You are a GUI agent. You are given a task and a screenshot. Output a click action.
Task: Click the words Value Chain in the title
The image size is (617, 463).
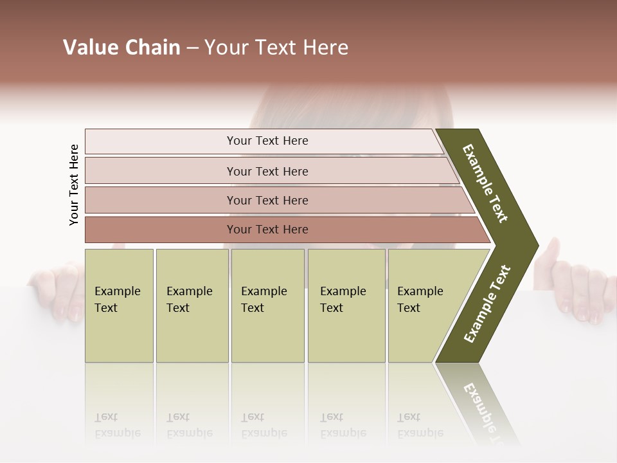pyautogui.click(x=121, y=48)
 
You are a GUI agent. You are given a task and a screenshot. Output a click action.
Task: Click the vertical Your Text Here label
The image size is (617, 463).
pyautogui.click(x=74, y=185)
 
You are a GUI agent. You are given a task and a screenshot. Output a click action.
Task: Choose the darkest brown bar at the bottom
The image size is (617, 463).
pyautogui.click(x=161, y=230)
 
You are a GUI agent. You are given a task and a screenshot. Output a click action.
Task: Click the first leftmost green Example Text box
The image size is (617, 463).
pyautogui.click(x=119, y=305)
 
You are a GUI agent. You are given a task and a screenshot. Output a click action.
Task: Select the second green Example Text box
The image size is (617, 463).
pyautogui.click(x=192, y=305)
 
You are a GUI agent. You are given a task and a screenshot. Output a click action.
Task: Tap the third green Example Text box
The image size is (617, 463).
pyautogui.click(x=267, y=305)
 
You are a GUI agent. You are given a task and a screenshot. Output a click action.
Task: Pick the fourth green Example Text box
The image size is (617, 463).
pyautogui.click(x=346, y=305)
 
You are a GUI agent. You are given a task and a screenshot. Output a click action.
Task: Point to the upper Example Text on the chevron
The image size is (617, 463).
pyautogui.click(x=485, y=183)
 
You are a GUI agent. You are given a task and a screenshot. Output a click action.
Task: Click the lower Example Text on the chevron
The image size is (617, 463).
pyautogui.click(x=487, y=304)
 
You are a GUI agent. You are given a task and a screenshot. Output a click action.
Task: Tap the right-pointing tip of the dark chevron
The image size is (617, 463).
pyautogui.click(x=535, y=245)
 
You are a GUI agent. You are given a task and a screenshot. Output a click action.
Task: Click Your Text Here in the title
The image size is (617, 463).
pyautogui.click(x=276, y=48)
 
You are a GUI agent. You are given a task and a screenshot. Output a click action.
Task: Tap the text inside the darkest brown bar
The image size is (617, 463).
pyautogui.click(x=267, y=230)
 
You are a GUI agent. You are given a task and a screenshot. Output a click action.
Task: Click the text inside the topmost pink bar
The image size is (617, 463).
pyautogui.click(x=267, y=141)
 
